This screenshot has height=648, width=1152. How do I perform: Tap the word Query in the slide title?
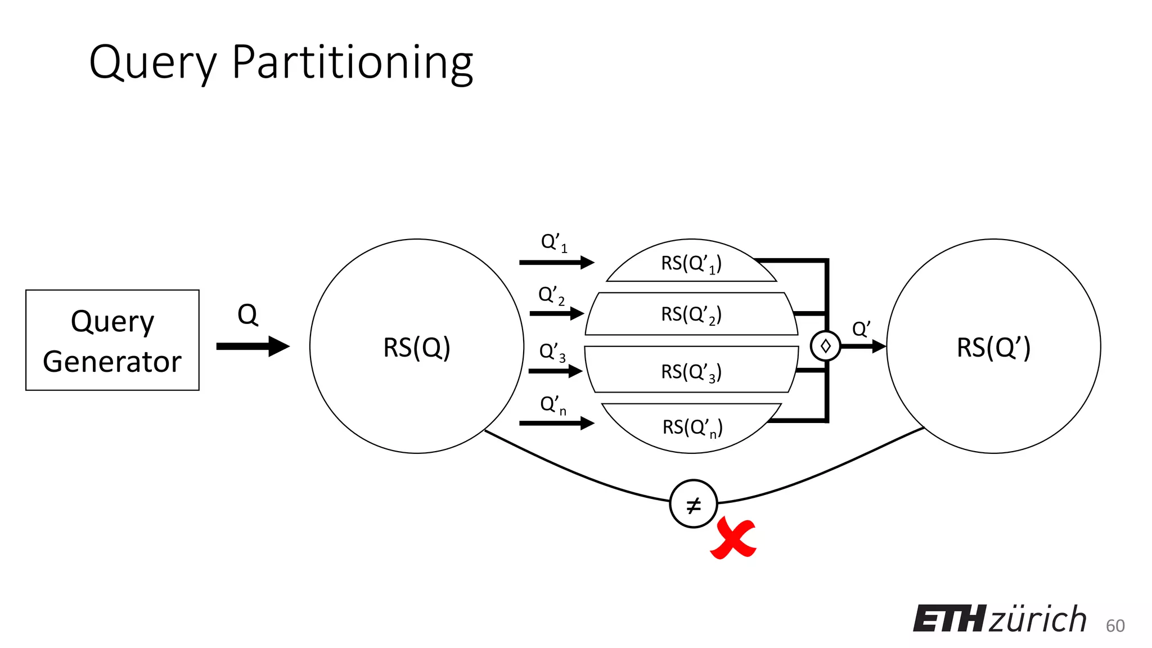coord(153,63)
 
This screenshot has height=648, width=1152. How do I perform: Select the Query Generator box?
coord(112,340)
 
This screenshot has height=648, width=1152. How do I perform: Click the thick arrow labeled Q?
coord(253,346)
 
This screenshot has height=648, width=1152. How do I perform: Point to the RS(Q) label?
coord(417,347)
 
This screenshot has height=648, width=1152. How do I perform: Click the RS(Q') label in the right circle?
coord(993,347)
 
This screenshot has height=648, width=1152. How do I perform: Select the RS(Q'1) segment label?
coord(691,263)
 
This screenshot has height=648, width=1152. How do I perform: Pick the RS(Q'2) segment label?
coord(691,314)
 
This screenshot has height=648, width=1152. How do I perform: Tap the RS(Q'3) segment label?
coord(691,372)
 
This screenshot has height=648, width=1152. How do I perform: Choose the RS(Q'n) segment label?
coord(692,427)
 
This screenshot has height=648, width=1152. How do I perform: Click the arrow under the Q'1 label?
coord(556,262)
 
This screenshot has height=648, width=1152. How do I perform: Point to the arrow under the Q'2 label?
coord(556,313)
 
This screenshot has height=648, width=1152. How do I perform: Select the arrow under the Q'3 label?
coord(555,371)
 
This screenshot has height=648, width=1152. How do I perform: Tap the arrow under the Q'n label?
coord(556,422)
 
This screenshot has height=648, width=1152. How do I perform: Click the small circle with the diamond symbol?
coord(825,346)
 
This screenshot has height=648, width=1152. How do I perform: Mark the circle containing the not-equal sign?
coord(694,504)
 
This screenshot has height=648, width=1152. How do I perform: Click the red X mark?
coord(733,539)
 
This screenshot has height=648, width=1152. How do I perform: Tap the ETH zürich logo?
coord(1000,619)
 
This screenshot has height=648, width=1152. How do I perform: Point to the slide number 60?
coord(1115,625)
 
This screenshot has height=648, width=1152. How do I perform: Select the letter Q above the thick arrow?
coord(247,315)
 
